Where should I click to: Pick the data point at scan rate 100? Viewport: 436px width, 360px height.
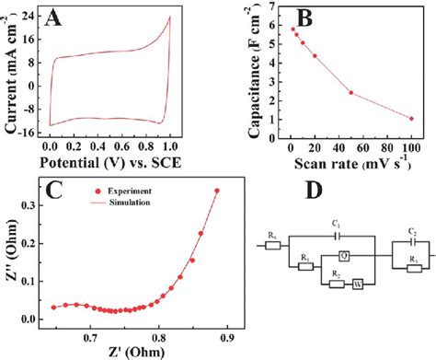(410, 119)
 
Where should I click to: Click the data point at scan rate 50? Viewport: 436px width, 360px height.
(350, 92)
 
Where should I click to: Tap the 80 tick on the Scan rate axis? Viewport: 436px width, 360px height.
(386, 147)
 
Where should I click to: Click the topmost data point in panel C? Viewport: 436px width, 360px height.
(216, 192)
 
